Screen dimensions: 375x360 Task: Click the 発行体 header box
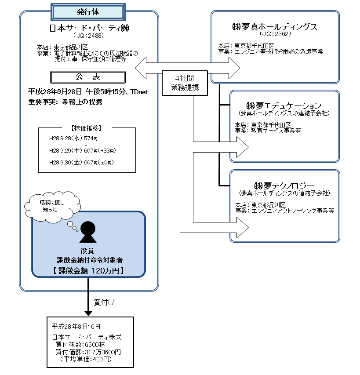tap(88, 11)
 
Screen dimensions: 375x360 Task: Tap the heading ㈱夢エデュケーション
tap(284, 106)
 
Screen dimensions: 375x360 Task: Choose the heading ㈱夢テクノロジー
tap(284, 185)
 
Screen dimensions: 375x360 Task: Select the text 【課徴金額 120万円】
tap(88, 270)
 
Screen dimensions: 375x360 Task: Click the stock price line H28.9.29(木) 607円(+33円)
tap(82, 150)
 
